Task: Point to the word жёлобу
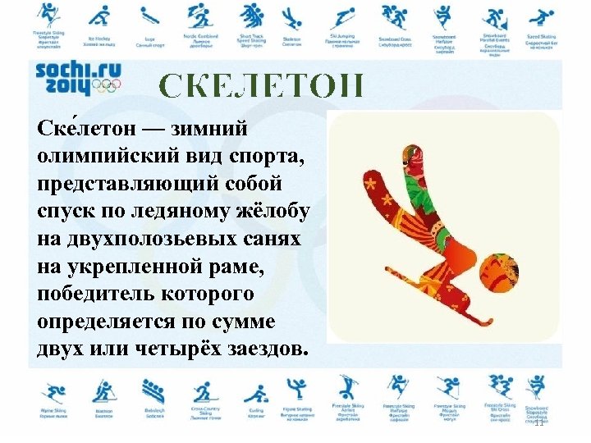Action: click(x=271, y=211)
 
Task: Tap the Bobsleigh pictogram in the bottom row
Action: click(x=153, y=389)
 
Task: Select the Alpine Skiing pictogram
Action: click(x=53, y=389)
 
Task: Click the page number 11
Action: click(x=538, y=423)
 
